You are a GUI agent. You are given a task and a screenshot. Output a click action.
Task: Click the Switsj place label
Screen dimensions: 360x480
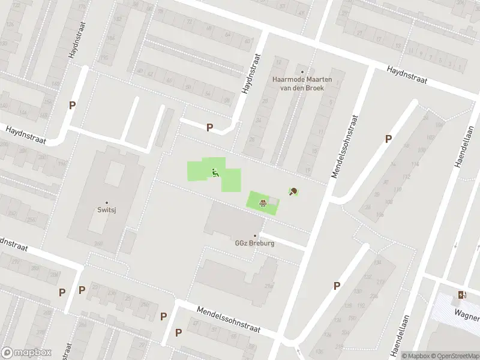107,211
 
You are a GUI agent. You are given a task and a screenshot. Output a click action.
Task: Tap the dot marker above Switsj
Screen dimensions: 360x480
107,203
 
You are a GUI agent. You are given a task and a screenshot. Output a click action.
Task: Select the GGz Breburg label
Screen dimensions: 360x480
255,244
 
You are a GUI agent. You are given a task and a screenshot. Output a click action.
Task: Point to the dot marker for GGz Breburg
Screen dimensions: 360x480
255,236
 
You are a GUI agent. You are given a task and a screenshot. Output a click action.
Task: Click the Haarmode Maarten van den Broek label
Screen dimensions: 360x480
297,83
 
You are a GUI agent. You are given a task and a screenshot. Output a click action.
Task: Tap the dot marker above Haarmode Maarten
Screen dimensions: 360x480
302,71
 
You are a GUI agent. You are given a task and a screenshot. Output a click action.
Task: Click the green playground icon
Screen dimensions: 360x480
214,173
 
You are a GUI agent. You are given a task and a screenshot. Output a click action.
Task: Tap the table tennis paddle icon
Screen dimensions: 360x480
294,192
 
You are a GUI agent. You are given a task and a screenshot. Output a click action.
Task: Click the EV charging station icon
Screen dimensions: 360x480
461,295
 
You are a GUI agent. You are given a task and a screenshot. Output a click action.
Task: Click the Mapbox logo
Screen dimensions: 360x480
26,353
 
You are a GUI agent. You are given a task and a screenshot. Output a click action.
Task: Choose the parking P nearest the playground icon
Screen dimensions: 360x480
209,127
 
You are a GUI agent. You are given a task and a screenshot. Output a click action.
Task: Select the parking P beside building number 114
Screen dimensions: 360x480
388,139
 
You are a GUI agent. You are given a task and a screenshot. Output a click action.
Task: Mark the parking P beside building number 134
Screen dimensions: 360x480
337,286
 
